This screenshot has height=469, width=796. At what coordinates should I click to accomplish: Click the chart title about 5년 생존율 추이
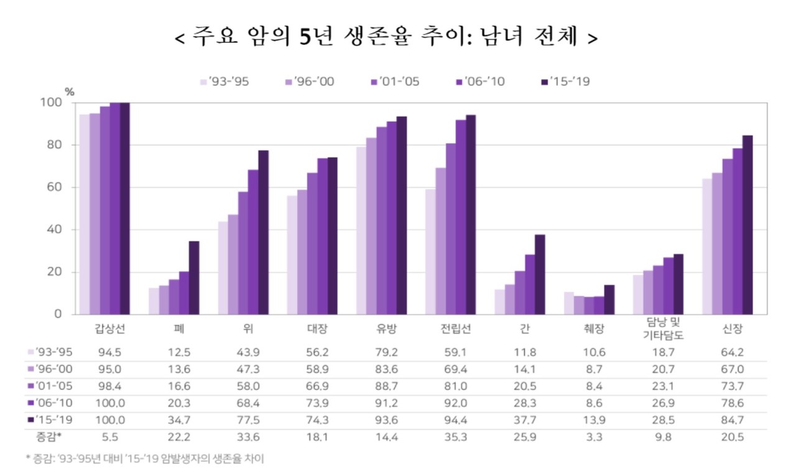click(x=386, y=37)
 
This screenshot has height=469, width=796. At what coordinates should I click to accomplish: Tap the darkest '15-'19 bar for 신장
click(x=747, y=225)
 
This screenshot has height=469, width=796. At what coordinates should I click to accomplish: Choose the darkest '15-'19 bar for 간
click(x=540, y=274)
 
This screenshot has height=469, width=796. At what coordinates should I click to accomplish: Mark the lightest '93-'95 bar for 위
click(x=223, y=267)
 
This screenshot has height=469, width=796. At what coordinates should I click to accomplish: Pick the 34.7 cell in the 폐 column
click(x=178, y=419)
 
